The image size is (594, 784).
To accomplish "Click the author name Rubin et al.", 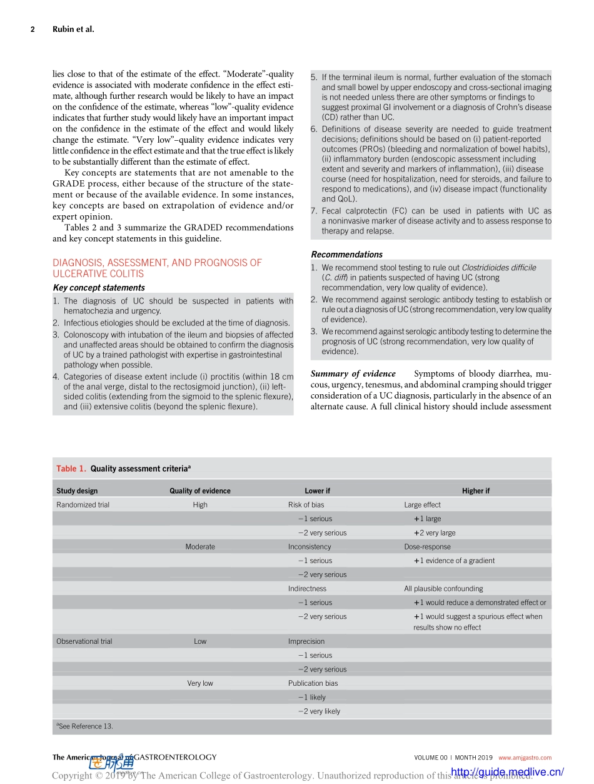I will [x=73, y=29].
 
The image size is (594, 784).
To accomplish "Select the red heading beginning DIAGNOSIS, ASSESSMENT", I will [x=157, y=268].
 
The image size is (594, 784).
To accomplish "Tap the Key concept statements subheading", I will [x=99, y=288].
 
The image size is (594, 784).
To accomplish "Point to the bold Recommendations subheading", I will [x=346, y=255].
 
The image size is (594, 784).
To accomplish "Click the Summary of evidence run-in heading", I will [x=353, y=374].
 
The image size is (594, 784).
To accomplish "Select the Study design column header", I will [x=77, y=491].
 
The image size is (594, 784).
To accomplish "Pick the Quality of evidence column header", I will [x=200, y=491].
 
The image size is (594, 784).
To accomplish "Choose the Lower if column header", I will [x=318, y=491].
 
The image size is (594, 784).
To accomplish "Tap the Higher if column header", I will [x=476, y=491].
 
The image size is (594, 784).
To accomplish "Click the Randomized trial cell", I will [x=83, y=505].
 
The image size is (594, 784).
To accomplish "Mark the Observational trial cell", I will [x=84, y=641].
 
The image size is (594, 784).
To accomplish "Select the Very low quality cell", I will [x=200, y=683].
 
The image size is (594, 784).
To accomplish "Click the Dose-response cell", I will [x=427, y=547].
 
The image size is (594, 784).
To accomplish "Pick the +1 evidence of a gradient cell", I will [x=454, y=561].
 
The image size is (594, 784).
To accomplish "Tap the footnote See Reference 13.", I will [x=85, y=726].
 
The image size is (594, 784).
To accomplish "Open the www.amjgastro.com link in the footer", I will [x=525, y=758].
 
